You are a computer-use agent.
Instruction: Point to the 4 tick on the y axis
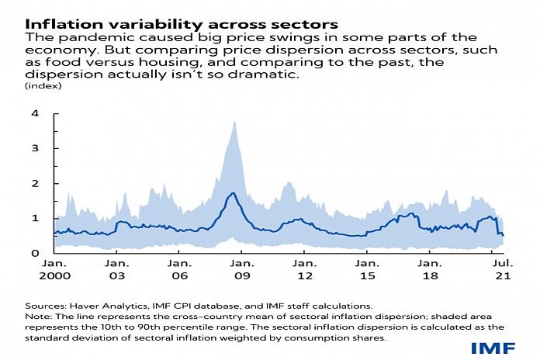[34, 113]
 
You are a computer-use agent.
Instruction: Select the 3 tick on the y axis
[34, 148]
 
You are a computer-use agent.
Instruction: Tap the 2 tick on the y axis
[34, 183]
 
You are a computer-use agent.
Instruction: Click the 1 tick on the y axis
[34, 218]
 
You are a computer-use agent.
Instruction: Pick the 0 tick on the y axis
[34, 254]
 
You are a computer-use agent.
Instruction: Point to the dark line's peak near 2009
[231, 193]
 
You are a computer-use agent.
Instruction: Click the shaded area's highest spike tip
[234, 122]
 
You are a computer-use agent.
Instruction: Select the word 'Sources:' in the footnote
[44, 306]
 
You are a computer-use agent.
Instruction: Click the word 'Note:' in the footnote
[38, 317]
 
